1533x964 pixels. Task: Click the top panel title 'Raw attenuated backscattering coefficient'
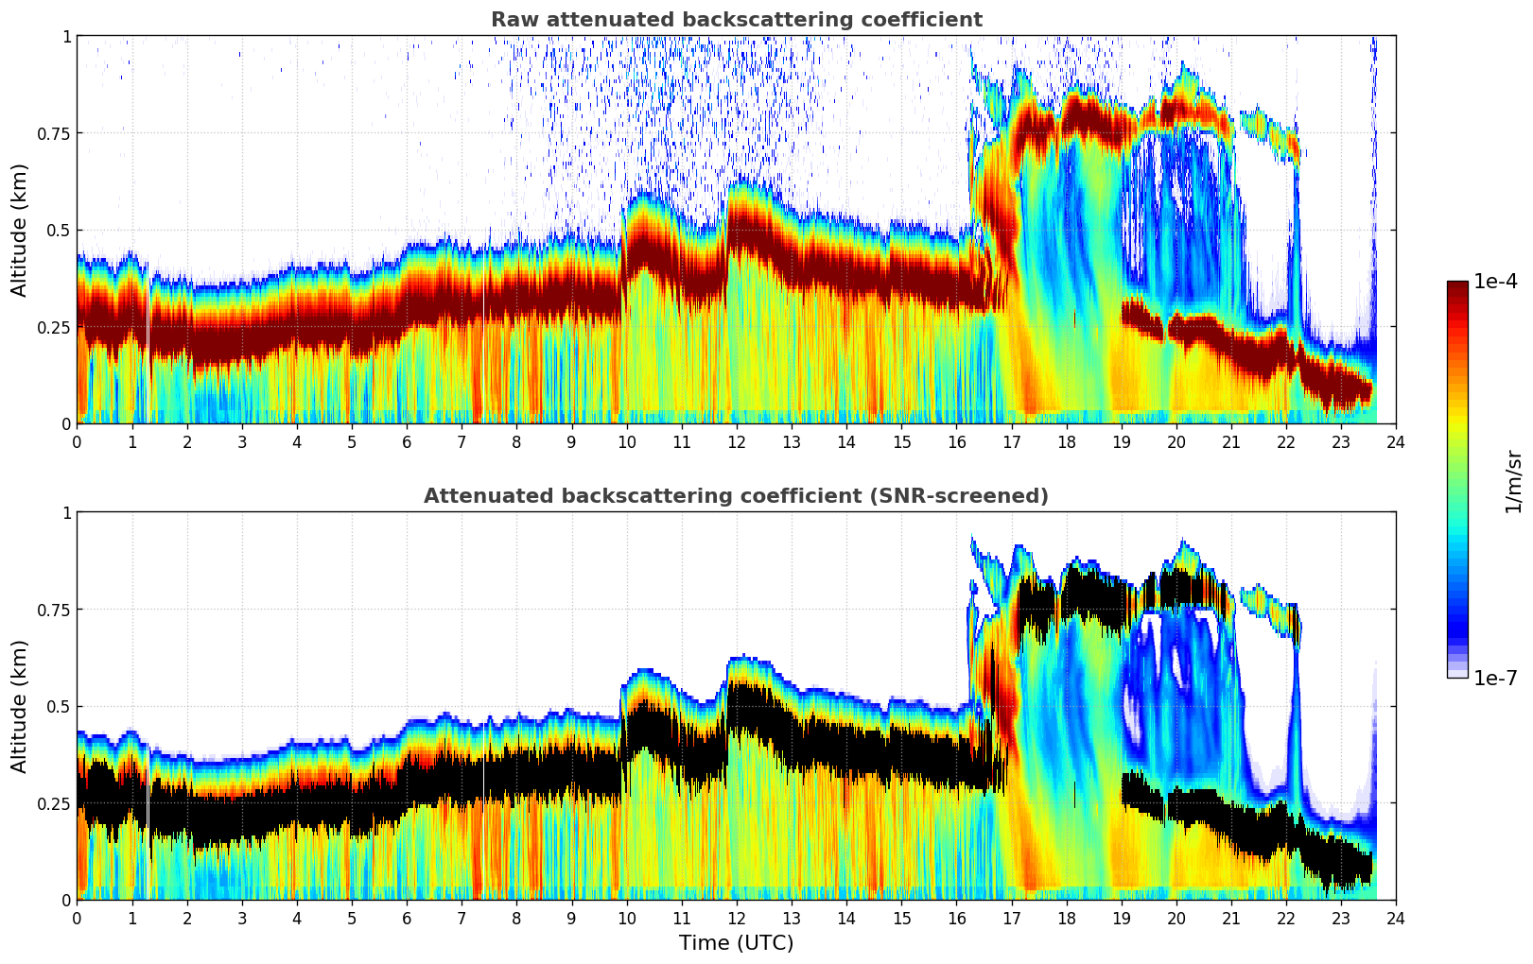coord(736,20)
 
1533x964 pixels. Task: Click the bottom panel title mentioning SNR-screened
coord(736,496)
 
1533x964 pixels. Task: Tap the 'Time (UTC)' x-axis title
coord(736,943)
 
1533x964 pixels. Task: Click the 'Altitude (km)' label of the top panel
coord(20,230)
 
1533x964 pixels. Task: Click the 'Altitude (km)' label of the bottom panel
coord(20,706)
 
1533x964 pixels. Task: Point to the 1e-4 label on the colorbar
coord(1495,282)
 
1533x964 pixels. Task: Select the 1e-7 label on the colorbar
coord(1495,678)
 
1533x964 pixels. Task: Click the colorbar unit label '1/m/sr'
coord(1513,481)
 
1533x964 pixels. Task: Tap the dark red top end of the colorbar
coord(1456,285)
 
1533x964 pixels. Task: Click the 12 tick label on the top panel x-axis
coord(737,441)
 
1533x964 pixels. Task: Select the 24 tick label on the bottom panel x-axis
coord(1396,918)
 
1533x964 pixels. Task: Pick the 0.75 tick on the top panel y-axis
coord(53,133)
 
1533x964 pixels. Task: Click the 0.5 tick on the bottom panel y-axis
coord(59,706)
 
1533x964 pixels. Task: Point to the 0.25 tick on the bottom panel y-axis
coord(53,803)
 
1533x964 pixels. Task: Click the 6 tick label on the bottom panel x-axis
coord(407,918)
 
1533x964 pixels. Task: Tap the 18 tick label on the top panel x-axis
coord(1066,441)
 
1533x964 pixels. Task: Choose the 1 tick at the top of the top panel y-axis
coord(66,36)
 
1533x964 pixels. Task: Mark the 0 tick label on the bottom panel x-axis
coord(78,918)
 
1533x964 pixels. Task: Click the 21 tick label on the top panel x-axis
coord(1231,441)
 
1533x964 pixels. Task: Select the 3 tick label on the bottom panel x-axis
coord(242,918)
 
